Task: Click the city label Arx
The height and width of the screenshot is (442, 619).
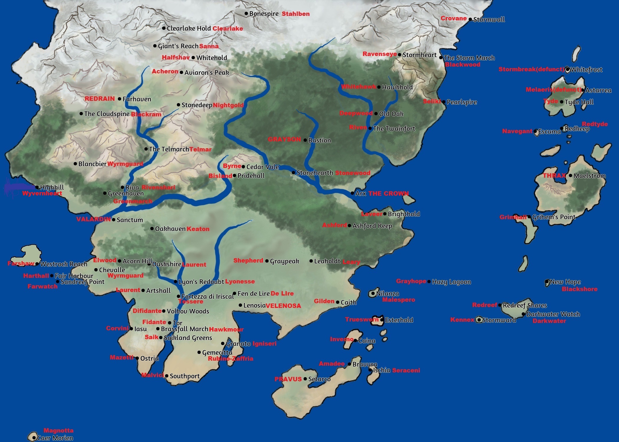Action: tap(360, 194)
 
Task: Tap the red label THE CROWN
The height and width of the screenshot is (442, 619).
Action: tap(388, 194)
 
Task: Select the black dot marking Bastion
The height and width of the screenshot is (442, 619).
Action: tap(305, 140)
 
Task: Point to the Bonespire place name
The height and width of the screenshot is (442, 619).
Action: tap(264, 14)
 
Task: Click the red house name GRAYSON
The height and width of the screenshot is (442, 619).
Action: tap(284, 139)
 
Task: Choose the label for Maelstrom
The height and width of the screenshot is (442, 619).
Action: tap(590, 176)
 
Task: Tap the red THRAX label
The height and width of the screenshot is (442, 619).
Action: tap(554, 176)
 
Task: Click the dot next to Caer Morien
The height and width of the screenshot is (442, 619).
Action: tap(34, 438)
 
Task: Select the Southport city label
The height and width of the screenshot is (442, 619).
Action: tap(185, 376)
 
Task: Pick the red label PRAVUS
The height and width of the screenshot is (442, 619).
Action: tap(288, 379)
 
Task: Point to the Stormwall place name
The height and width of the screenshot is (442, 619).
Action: tap(489, 20)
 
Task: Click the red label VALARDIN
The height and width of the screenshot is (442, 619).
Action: tap(93, 220)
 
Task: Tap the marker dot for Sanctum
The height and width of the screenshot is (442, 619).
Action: tap(114, 220)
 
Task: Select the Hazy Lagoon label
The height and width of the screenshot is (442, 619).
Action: tap(451, 282)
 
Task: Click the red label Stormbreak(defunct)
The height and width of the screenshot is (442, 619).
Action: tap(531, 70)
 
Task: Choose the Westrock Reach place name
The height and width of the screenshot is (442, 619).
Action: tap(64, 264)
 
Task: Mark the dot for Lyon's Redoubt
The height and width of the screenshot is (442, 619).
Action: tap(176, 282)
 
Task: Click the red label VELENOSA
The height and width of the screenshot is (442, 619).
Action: tap(283, 306)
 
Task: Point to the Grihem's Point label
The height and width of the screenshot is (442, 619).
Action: tap(554, 217)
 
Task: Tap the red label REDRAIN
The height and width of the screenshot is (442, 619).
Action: tap(100, 99)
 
